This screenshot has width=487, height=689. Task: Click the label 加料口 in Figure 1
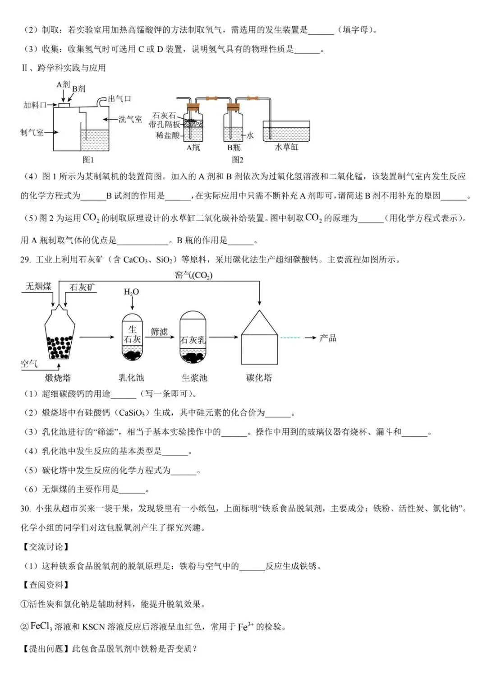(35, 105)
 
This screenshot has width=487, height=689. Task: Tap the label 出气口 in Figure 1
(119, 99)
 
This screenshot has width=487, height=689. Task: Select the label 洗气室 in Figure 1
(130, 119)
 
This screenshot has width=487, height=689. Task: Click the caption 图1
(88, 159)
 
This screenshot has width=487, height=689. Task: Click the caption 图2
(238, 159)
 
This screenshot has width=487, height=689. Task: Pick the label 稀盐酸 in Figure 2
(167, 134)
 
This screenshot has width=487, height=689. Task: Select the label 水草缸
(286, 147)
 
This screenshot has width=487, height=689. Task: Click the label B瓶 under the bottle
(234, 147)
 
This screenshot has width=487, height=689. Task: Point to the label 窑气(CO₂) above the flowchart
(193, 275)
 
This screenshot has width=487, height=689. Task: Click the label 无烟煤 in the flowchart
(38, 286)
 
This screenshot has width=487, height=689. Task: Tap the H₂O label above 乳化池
(131, 292)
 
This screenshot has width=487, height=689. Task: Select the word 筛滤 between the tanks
(159, 332)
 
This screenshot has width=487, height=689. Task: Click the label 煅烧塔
(58, 378)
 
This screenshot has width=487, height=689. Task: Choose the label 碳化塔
(259, 378)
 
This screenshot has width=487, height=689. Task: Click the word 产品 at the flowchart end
(328, 338)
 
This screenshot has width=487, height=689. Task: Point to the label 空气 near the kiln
(29, 364)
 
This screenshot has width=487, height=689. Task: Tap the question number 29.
(25, 259)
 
